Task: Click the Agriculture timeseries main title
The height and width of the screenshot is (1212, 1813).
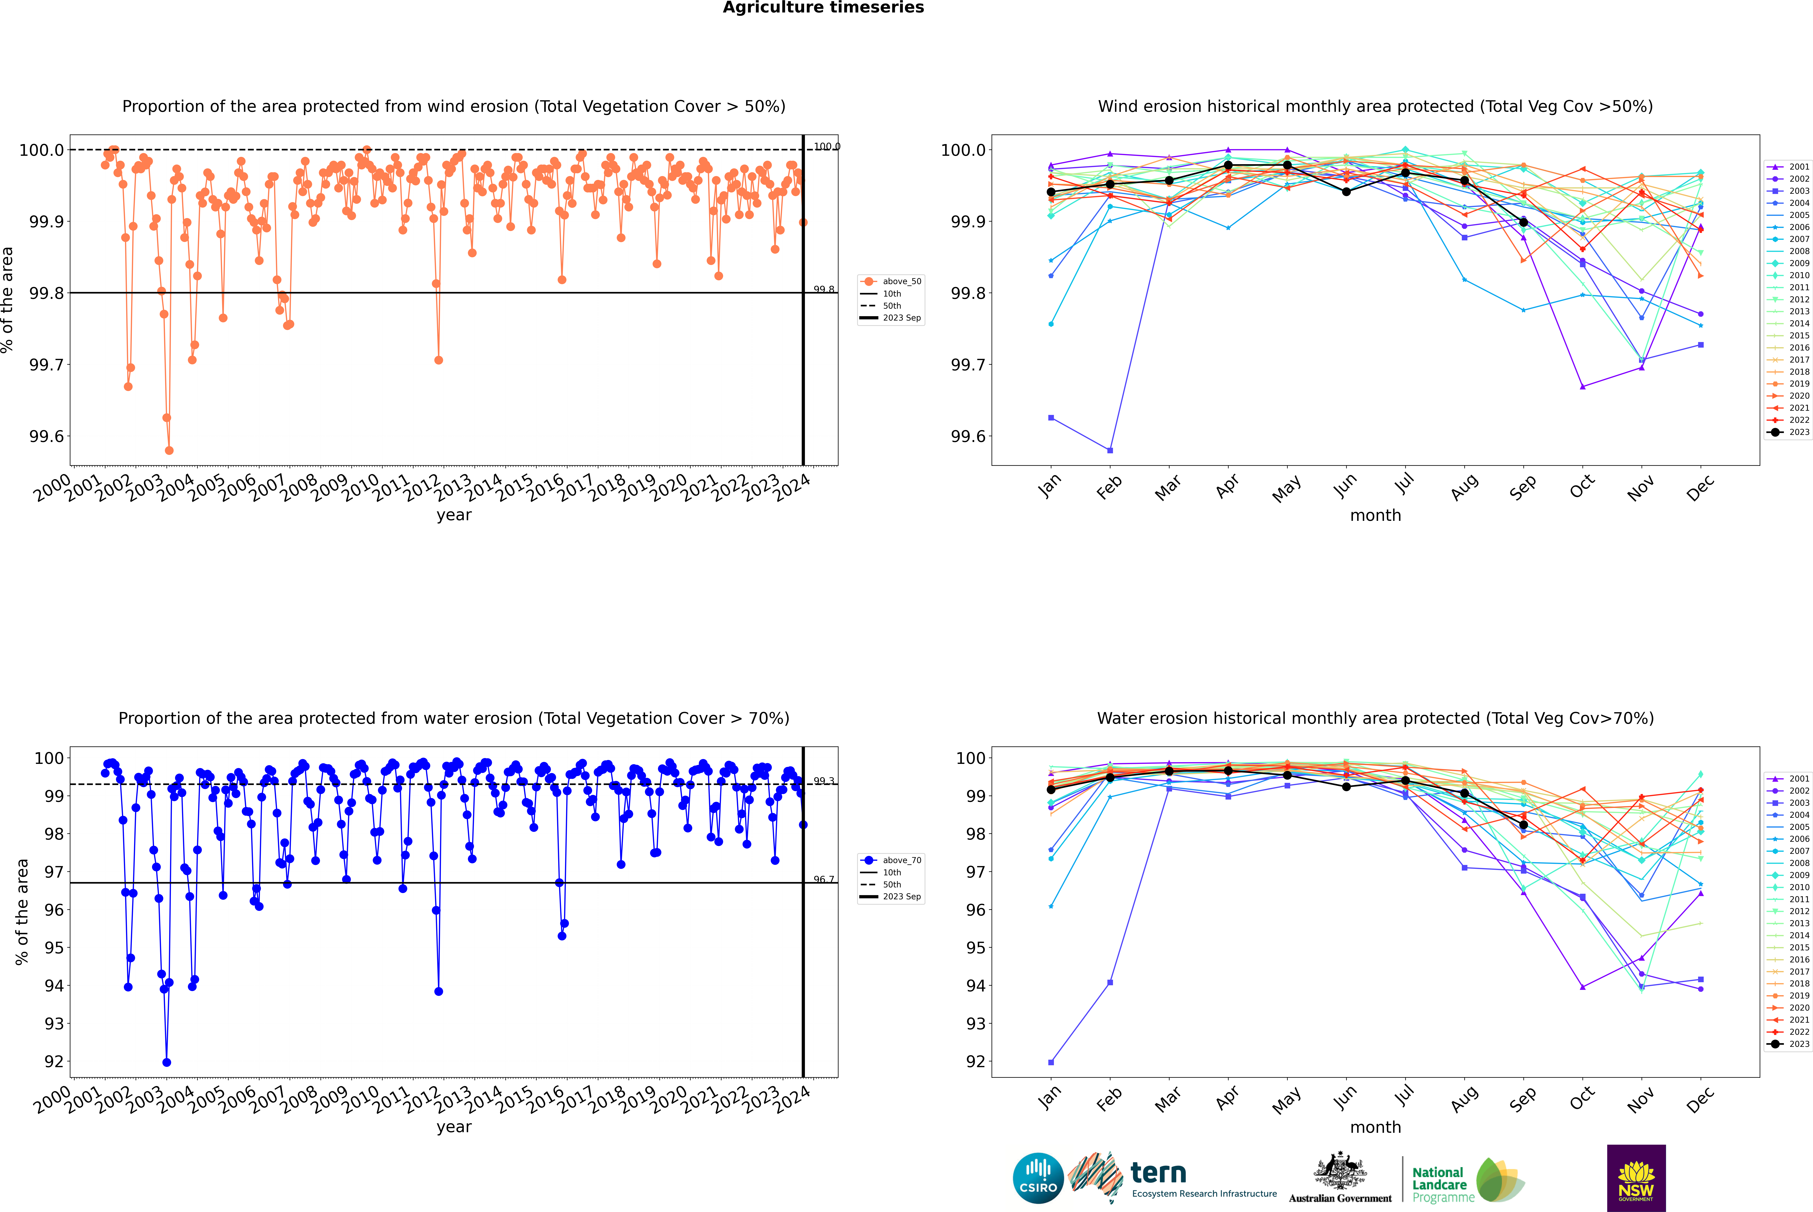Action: pyautogui.click(x=823, y=8)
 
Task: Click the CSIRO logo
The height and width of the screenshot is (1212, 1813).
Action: pyautogui.click(x=1038, y=1178)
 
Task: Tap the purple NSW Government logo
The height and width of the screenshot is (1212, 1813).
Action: pyautogui.click(x=1636, y=1178)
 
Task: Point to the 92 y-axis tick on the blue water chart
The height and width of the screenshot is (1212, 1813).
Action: pyautogui.click(x=54, y=1061)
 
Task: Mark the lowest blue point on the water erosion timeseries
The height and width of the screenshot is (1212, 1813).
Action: pyautogui.click(x=167, y=1062)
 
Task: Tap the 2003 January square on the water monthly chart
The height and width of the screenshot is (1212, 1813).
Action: pyautogui.click(x=1051, y=1062)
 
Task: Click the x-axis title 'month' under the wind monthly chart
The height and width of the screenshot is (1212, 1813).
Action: pyautogui.click(x=1375, y=516)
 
